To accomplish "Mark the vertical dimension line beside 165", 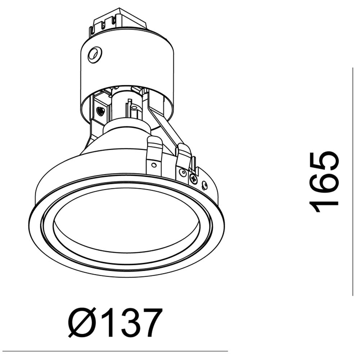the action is tap(352, 181).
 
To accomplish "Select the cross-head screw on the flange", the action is tap(193, 179).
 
